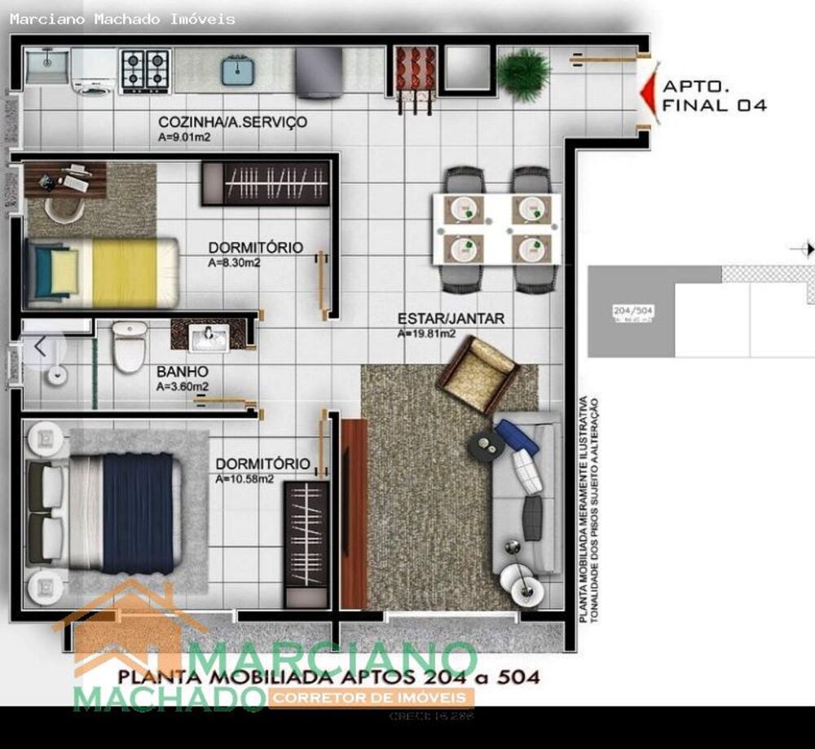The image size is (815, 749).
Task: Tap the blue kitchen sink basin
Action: [x=236, y=70]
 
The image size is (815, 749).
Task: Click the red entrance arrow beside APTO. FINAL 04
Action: [x=648, y=92]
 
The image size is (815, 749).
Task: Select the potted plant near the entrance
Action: [x=523, y=73]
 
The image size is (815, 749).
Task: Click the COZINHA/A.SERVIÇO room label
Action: [x=232, y=122]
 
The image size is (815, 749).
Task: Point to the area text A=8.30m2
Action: [x=234, y=262]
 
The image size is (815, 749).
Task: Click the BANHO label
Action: [x=182, y=372]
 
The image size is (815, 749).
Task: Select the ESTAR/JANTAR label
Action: [x=451, y=319]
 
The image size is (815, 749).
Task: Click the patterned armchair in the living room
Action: [x=478, y=374]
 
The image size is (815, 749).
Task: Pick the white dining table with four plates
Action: [x=496, y=229]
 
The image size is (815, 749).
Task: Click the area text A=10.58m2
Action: [x=244, y=479]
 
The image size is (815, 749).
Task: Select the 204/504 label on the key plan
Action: [x=633, y=311]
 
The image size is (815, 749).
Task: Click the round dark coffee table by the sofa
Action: [x=487, y=444]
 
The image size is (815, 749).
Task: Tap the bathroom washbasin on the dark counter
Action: [x=209, y=337]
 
